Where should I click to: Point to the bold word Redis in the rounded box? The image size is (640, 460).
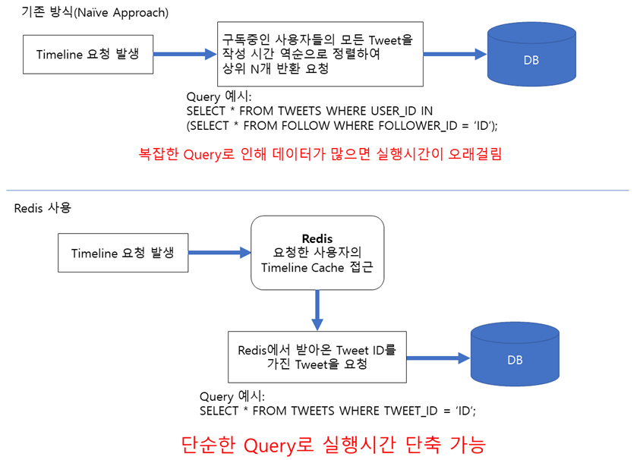point(317,238)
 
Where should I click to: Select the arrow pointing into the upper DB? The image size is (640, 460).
point(454,55)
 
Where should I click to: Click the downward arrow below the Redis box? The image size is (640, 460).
point(317,310)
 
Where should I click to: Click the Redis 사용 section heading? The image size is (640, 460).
point(43,208)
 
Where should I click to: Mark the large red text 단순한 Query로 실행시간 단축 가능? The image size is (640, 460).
point(333,444)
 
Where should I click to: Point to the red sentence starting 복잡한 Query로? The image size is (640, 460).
point(320,154)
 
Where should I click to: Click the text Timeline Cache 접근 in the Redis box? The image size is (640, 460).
point(317,267)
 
